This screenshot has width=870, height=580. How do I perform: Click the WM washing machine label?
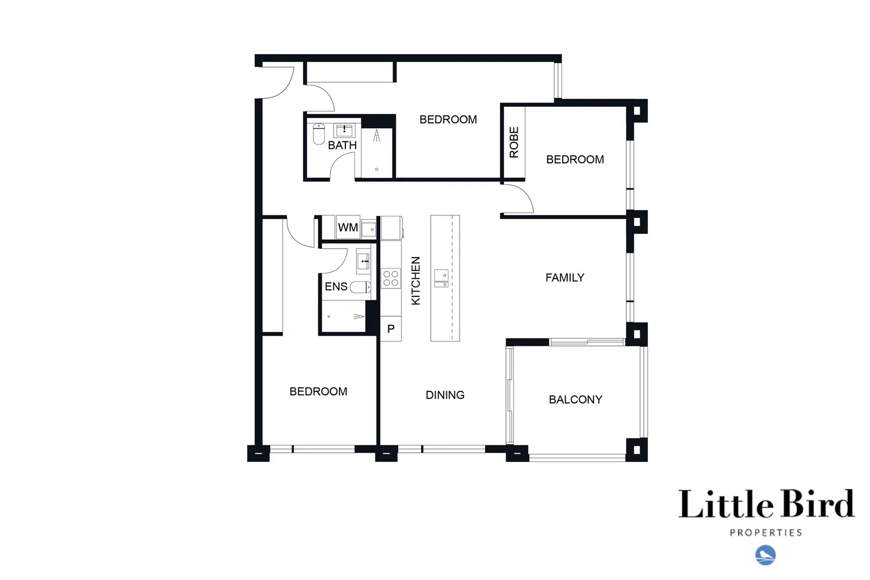(347, 228)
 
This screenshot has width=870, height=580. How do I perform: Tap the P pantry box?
(391, 329)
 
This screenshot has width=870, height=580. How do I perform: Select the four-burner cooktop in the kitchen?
(391, 279)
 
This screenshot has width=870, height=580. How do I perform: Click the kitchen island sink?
(441, 278)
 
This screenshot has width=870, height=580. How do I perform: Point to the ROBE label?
(514, 142)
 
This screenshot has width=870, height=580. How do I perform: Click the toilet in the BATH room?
(319, 134)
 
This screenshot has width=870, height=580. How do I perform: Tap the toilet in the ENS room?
(360, 287)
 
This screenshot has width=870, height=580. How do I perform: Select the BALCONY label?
(575, 400)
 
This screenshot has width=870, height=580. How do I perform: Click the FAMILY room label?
(564, 278)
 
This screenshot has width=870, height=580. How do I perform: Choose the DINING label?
(445, 395)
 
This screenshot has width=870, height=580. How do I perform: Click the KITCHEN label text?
(416, 281)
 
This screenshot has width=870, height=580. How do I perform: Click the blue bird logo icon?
(765, 555)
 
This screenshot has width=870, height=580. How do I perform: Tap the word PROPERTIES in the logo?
(765, 533)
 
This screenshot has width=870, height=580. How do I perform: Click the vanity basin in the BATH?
(344, 130)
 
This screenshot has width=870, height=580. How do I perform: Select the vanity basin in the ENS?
(364, 262)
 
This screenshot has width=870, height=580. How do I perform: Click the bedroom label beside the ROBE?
(575, 160)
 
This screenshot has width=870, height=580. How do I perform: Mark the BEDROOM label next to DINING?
(318, 392)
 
